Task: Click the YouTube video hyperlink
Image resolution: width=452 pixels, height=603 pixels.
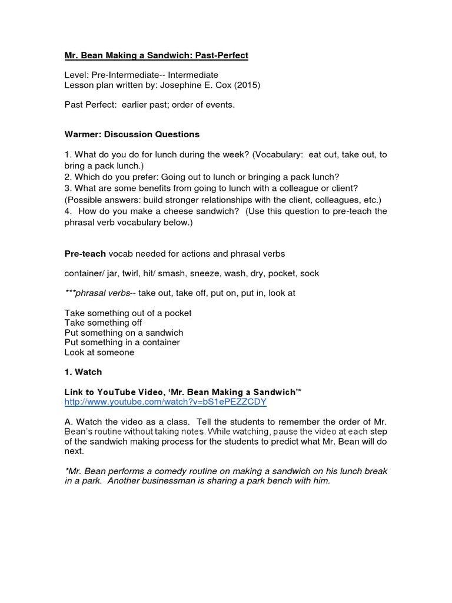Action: pyautogui.click(x=165, y=402)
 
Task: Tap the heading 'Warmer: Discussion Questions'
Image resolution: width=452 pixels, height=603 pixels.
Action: pyautogui.click(x=132, y=134)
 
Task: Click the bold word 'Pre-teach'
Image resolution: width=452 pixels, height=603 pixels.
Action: pyautogui.click(x=85, y=254)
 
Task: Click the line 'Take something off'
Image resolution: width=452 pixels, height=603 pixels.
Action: pyautogui.click(x=103, y=323)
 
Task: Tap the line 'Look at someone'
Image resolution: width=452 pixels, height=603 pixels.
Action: pyautogui.click(x=99, y=352)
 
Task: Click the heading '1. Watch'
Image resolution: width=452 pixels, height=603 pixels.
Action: pyautogui.click(x=83, y=372)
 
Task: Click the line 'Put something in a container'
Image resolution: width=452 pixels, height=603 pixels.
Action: pyautogui.click(x=122, y=342)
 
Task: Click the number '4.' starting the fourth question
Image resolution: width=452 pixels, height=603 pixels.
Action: pyautogui.click(x=68, y=211)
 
